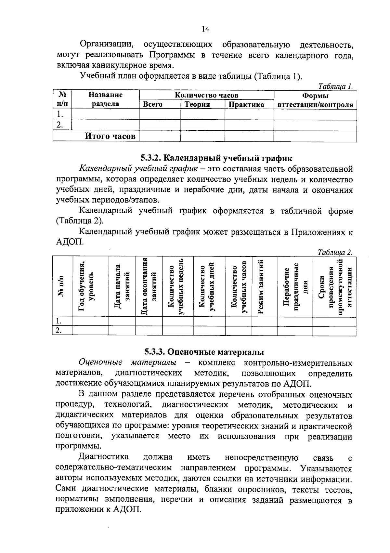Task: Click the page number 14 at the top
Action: (x=205, y=29)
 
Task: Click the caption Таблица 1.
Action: (x=335, y=87)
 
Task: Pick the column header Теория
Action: (x=197, y=105)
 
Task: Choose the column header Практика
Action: (x=246, y=105)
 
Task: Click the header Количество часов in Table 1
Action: (x=206, y=95)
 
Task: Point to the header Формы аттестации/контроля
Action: (x=315, y=100)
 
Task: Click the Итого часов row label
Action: (x=110, y=136)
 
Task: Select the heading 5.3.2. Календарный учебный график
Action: (x=216, y=158)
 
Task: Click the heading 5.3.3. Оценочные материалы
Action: (x=204, y=352)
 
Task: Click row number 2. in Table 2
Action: (x=59, y=330)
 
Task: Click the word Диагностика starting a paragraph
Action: (x=103, y=457)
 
